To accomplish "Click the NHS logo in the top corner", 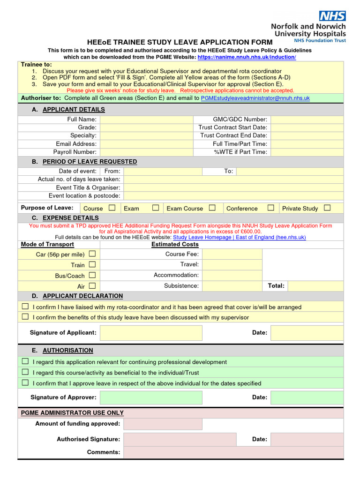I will (x=332, y=16).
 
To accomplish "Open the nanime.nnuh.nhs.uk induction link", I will (x=247, y=57).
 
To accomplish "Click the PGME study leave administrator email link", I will (x=255, y=98).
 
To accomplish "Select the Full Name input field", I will (x=146, y=120).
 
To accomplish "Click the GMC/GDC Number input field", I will (x=307, y=120).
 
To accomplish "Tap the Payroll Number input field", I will (x=146, y=152).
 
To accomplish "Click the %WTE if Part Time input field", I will (x=307, y=152).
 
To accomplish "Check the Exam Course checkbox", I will (x=212, y=208).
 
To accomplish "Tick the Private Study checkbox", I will (x=327, y=208).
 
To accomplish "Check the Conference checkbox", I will (x=271, y=208).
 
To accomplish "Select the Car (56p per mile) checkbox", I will (x=92, y=254).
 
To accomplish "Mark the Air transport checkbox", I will (x=92, y=285).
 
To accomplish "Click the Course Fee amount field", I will (x=232, y=254).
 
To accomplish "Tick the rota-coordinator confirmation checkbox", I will (x=25, y=307).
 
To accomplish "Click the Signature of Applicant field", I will (x=151, y=333).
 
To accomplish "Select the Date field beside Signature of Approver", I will (x=307, y=397).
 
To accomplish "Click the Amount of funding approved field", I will (x=163, y=424).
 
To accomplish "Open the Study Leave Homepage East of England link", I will (x=239, y=238).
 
